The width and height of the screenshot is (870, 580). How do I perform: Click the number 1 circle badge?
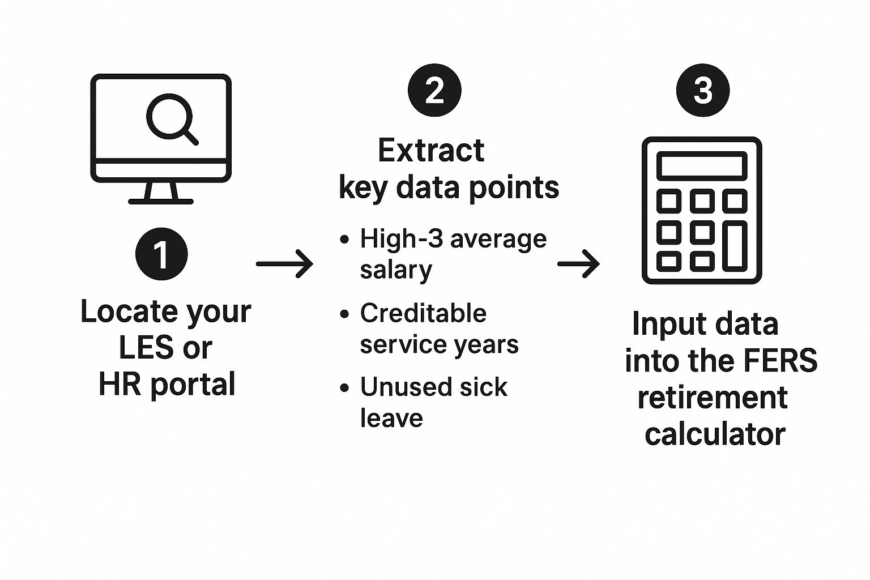tap(161, 254)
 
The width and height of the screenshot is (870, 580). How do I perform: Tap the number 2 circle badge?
tap(434, 90)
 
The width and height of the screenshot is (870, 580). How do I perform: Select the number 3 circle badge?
tap(703, 90)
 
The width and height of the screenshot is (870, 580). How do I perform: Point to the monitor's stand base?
tap(161, 201)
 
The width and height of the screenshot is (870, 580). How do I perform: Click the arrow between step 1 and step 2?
tap(284, 263)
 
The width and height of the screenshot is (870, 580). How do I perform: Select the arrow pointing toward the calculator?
tap(578, 263)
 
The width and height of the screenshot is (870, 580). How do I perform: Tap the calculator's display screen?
tap(702, 166)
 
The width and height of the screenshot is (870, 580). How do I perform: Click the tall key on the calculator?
tap(735, 245)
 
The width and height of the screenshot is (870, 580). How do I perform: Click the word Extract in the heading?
tap(430, 151)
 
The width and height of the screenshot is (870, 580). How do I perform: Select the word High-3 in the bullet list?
tap(402, 238)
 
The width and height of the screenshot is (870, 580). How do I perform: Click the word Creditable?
tap(423, 313)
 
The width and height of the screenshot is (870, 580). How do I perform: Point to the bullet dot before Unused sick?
tap(344, 388)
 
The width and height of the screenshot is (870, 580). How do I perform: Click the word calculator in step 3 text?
tap(715, 434)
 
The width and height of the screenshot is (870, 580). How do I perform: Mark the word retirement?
tap(713, 398)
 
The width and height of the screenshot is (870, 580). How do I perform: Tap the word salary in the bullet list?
tap(396, 270)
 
